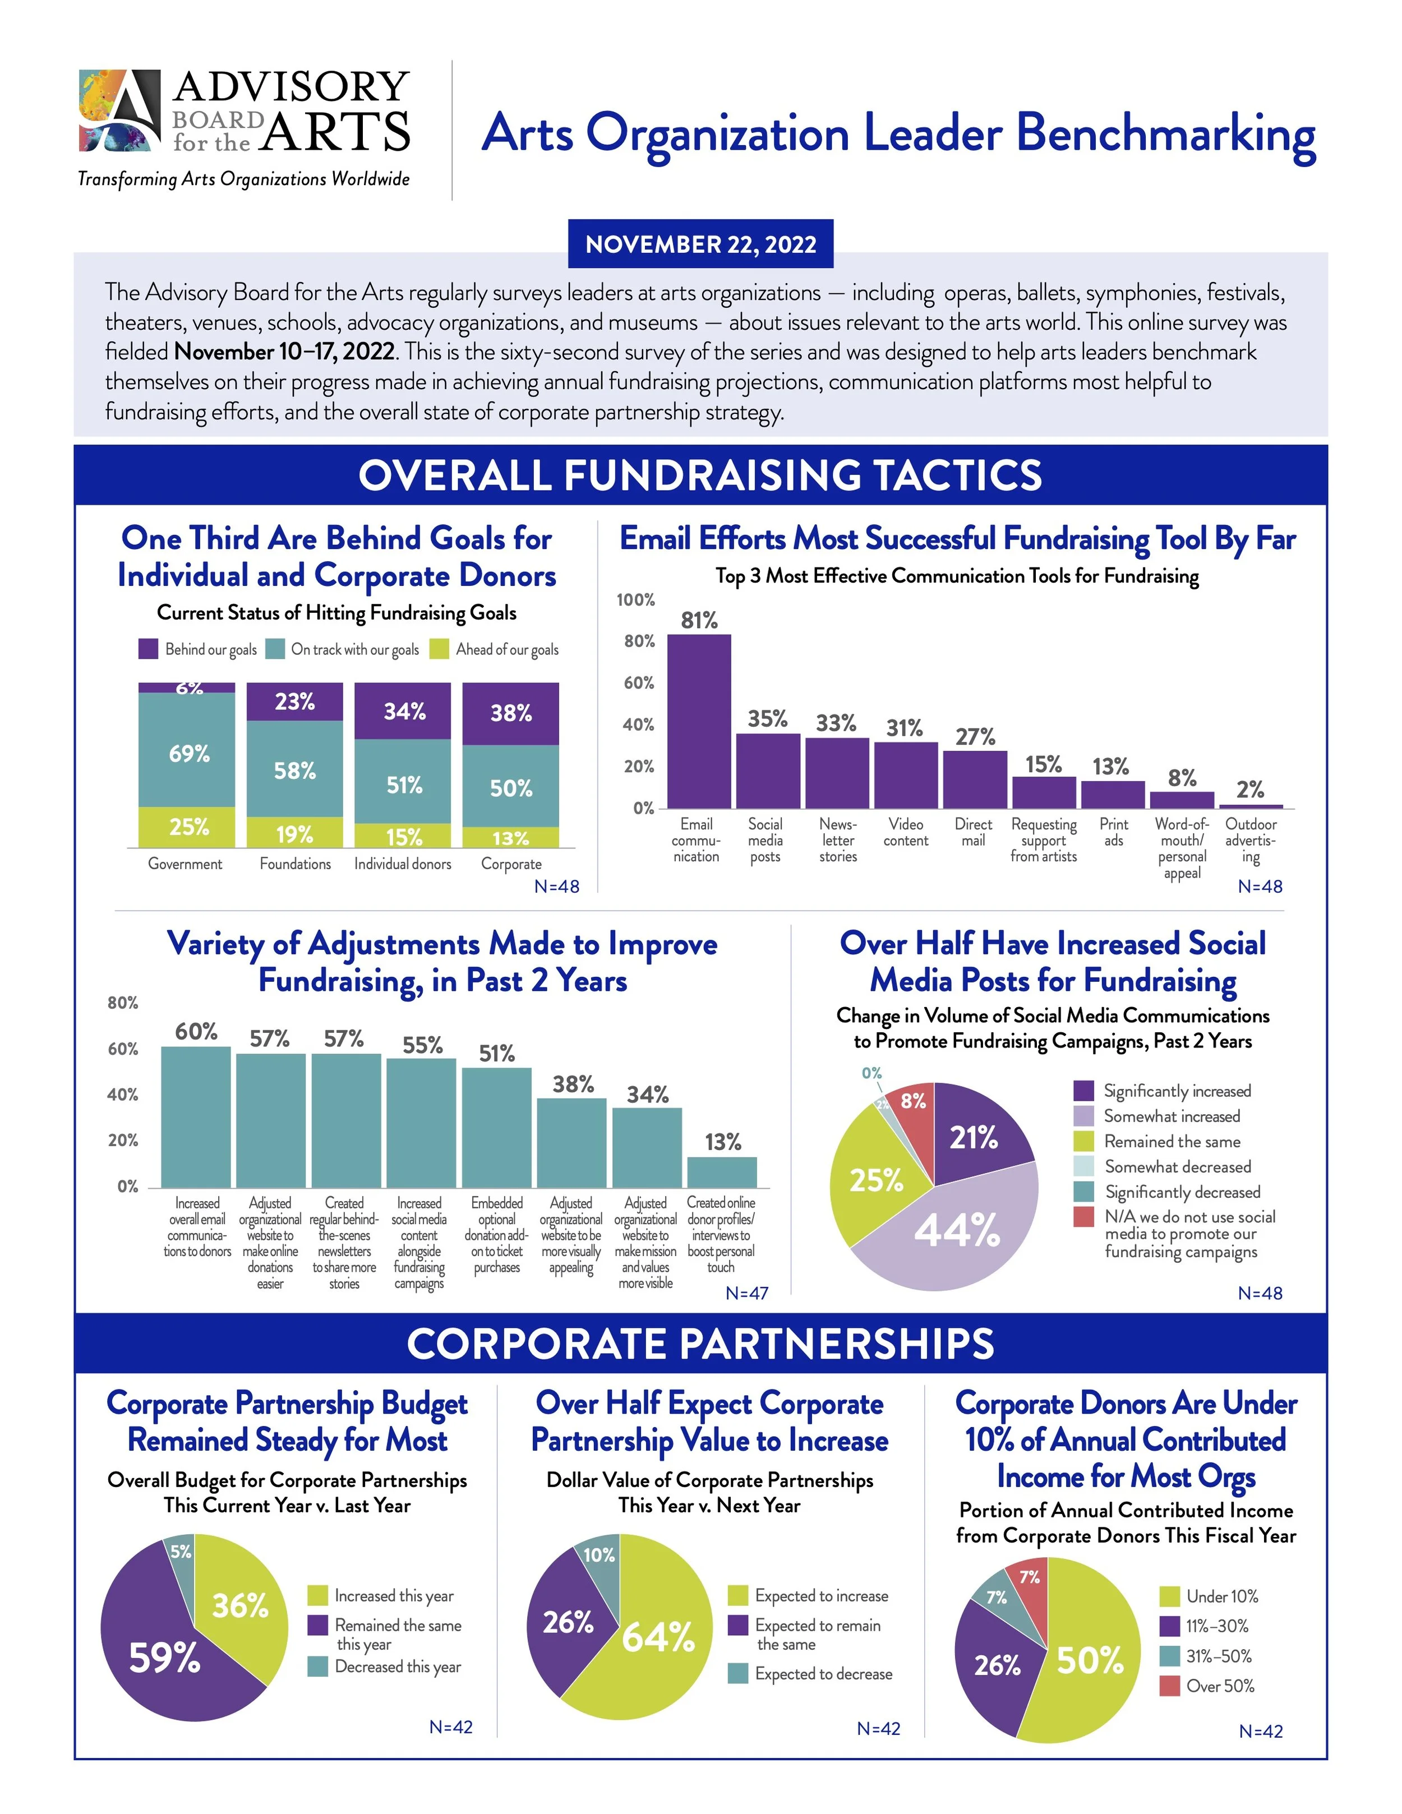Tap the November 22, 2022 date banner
[x=700, y=244]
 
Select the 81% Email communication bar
[x=699, y=721]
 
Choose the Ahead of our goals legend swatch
[x=439, y=649]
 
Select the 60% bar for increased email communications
[x=196, y=1116]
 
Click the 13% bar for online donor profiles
[x=722, y=1172]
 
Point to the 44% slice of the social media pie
[x=955, y=1229]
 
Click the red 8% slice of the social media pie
[x=912, y=1113]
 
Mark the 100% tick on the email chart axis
[x=635, y=599]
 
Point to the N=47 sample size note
[x=746, y=1293]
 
